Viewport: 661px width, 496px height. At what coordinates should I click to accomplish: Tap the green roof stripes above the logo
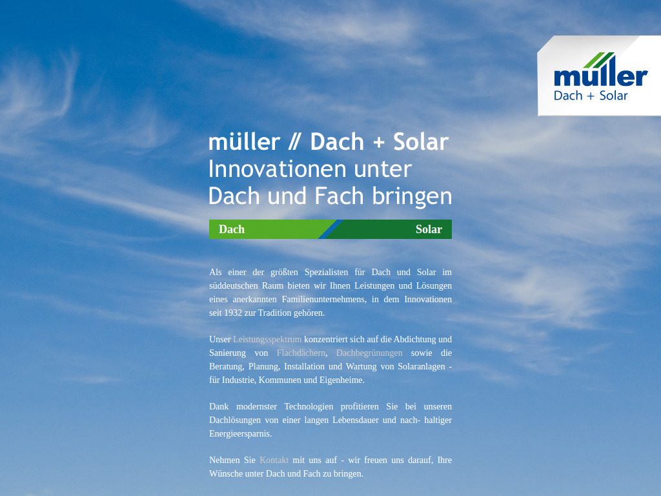604,59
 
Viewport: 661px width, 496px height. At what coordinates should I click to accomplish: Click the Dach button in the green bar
232,229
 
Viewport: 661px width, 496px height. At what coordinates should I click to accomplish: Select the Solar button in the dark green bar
429,229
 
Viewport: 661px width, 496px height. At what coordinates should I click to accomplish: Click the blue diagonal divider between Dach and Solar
330,229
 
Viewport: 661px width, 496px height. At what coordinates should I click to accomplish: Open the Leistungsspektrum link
267,339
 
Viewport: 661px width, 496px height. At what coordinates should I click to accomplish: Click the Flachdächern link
301,353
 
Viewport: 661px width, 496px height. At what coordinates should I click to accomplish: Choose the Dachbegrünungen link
369,353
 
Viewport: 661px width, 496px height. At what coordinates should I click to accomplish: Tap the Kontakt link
274,460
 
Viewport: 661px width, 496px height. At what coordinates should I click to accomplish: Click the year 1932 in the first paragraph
234,313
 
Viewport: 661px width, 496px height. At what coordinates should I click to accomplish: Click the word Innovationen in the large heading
269,169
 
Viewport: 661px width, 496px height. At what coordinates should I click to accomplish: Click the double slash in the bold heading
295,142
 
